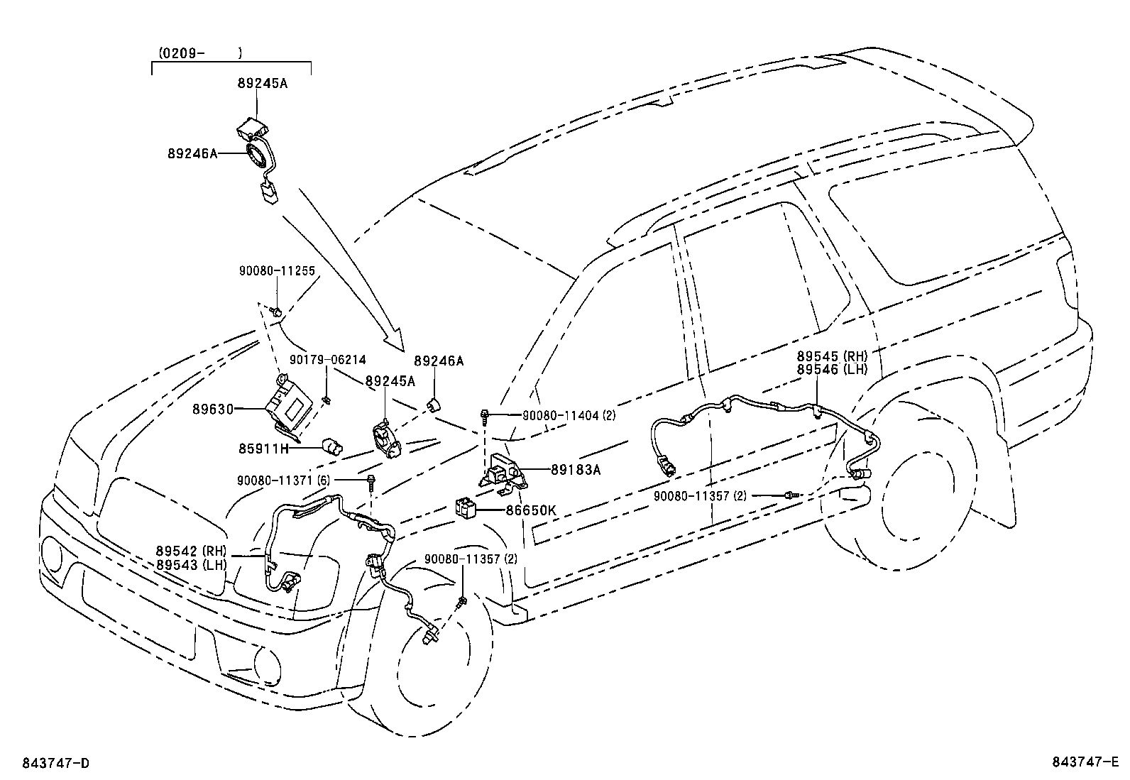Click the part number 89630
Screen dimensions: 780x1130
[212, 409]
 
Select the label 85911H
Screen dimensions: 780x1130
[264, 448]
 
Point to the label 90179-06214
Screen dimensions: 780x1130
[328, 360]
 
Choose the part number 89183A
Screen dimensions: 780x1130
[576, 469]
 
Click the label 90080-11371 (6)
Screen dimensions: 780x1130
[283, 480]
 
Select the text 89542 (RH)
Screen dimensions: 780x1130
[190, 551]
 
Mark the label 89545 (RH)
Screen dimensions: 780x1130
[832, 357]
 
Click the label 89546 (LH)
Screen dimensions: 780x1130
[832, 370]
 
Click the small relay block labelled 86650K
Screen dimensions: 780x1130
[465, 507]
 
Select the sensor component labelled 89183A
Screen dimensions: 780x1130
[506, 470]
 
